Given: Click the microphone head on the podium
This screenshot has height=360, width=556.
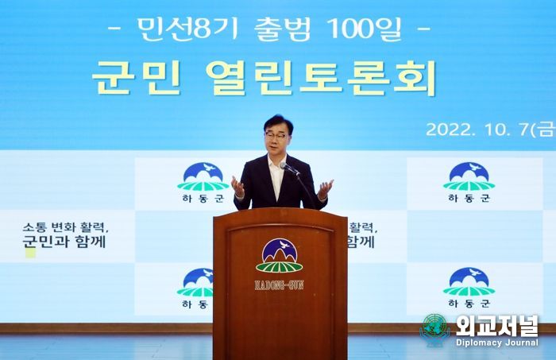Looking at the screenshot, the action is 284,165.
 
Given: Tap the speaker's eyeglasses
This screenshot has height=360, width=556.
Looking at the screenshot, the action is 276,135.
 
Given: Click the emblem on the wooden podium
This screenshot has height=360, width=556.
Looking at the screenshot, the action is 280,256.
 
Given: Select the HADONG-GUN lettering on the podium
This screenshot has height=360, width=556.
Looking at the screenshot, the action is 280,285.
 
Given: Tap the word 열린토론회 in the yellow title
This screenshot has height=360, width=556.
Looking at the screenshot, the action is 321,78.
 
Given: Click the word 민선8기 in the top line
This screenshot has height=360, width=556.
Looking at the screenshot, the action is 188,29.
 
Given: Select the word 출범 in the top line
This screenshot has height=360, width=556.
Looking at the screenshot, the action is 283,29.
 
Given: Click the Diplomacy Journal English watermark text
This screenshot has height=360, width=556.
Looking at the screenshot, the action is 497,343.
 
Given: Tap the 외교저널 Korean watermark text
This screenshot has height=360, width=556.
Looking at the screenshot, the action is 496,326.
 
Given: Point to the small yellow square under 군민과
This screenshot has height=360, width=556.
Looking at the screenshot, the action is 30,253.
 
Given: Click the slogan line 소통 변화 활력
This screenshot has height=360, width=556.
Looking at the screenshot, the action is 65,227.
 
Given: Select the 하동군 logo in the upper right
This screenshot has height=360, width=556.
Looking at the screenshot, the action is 469,182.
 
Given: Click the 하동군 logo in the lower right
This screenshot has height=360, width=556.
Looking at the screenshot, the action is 469,288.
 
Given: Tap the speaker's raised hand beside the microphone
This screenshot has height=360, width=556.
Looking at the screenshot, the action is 325,189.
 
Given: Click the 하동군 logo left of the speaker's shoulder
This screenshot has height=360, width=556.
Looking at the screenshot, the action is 203,183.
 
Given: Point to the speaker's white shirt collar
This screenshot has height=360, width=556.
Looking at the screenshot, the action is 276,165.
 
